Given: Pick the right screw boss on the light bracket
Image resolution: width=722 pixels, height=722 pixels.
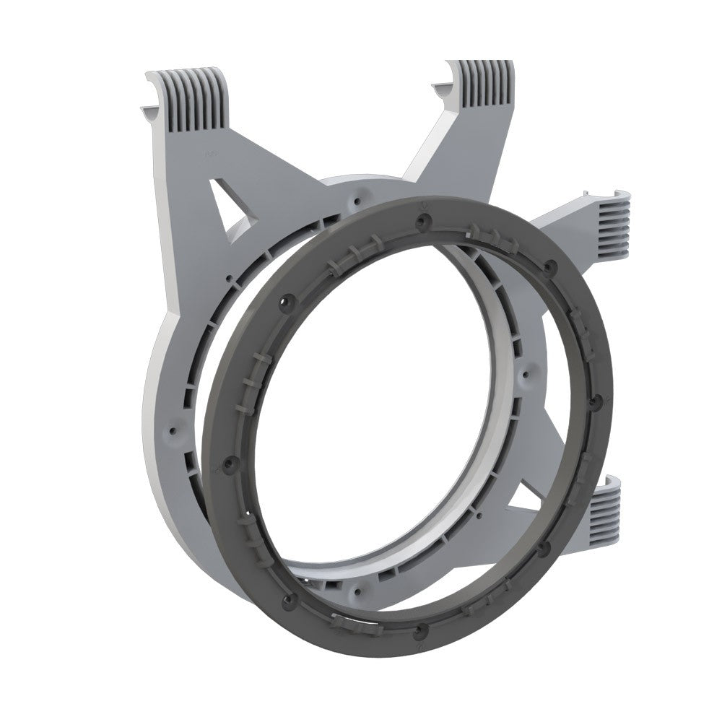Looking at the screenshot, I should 530,372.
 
